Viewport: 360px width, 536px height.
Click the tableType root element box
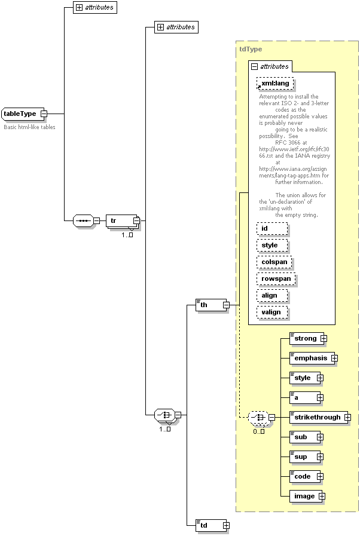[21, 114]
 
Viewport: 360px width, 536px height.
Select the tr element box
[120, 221]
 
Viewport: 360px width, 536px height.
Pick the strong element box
[306, 338]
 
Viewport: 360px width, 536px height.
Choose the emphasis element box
[311, 358]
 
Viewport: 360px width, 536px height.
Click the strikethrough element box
[318, 417]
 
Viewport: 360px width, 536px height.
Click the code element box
[303, 476]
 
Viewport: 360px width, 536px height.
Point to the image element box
[305, 496]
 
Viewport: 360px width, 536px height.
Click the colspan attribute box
[274, 262]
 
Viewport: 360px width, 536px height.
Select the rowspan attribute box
[276, 278]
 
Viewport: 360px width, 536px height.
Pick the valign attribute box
[272, 312]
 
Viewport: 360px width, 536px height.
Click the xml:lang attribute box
[275, 84]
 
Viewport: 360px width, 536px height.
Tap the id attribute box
[272, 228]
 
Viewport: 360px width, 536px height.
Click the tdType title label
[251, 50]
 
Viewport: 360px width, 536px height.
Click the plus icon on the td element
[226, 525]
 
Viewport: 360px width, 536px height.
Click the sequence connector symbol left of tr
[83, 221]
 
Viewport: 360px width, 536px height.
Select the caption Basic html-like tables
[29, 127]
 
